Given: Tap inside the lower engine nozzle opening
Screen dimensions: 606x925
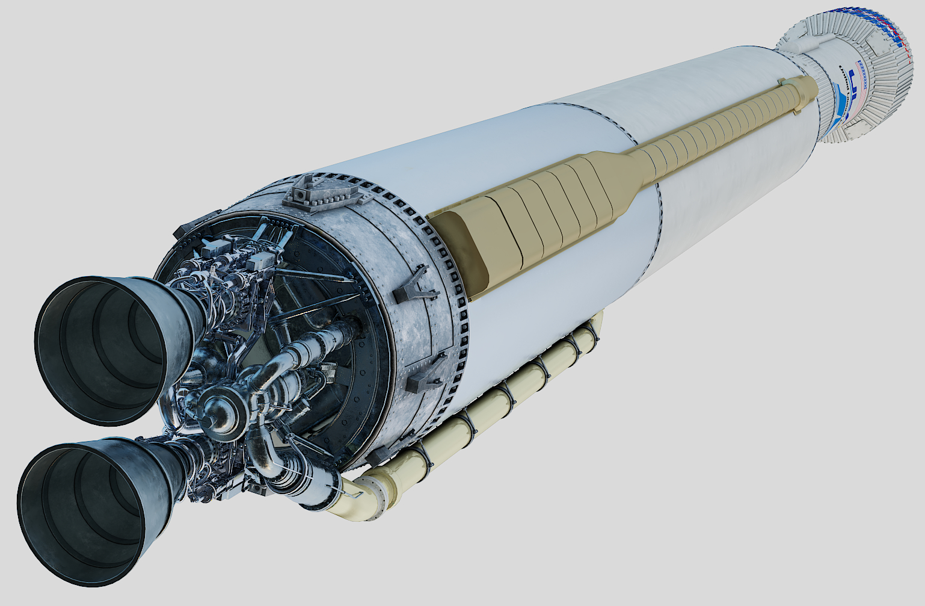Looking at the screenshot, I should (81, 515).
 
